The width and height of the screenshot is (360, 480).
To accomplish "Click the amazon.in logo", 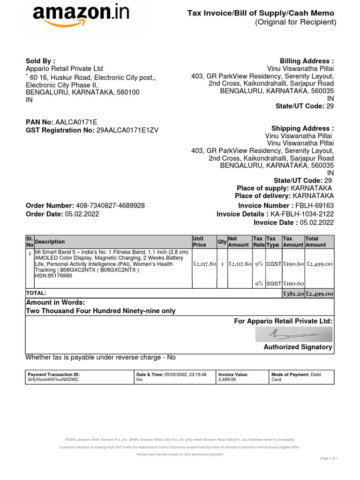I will pos(80,17).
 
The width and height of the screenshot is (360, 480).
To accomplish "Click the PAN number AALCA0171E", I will pos(76,122).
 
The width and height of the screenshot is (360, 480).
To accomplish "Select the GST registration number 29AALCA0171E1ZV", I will pos(127,130).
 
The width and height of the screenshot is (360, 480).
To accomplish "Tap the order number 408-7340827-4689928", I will pos(110,206).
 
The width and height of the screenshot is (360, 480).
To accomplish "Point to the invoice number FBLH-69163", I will pos(314,206).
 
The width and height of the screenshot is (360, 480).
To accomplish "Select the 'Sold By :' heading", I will pos(40,61).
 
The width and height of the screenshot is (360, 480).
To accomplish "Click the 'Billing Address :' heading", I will pos(307,61).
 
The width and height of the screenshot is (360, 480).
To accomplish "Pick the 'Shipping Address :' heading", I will pos(302,128).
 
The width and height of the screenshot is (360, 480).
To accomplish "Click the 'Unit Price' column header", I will pos(199,241).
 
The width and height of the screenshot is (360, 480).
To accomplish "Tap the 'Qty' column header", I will pos(221,242).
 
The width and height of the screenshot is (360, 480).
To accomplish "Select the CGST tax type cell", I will pos(273,264).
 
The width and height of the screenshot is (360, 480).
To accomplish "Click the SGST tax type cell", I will pos(273,284).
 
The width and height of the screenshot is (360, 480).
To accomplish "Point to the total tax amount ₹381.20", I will pos(293,294).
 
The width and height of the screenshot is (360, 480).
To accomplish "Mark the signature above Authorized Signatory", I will pos(294,334).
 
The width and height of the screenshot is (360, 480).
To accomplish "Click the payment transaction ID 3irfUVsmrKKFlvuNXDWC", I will pos(53,380).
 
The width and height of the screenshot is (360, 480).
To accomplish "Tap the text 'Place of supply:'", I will pos(262,188).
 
